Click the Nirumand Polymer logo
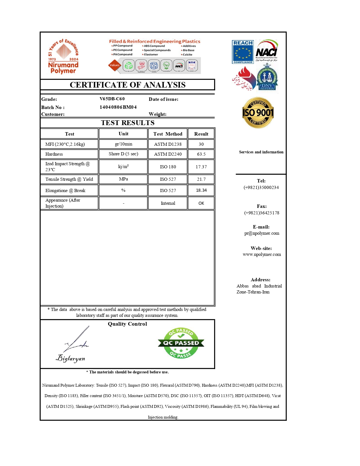tap(63, 57)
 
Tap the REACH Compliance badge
tap(243, 52)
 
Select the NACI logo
tap(267, 51)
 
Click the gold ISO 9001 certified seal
tap(258, 113)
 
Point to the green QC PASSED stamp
tap(181, 343)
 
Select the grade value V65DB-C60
tap(112, 99)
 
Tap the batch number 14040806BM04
tap(118, 107)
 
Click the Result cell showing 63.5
tap(201, 154)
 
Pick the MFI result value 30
tap(201, 144)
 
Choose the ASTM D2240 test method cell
tap(168, 154)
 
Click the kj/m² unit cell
tap(123, 167)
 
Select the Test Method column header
tap(168, 134)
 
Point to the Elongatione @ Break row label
tap(65, 191)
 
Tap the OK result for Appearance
tap(201, 203)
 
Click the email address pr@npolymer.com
tap(262, 233)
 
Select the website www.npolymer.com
tap(262, 254)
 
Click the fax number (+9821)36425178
tap(262, 213)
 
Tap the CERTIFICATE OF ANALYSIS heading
tap(128, 85)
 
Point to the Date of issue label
tap(163, 99)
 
